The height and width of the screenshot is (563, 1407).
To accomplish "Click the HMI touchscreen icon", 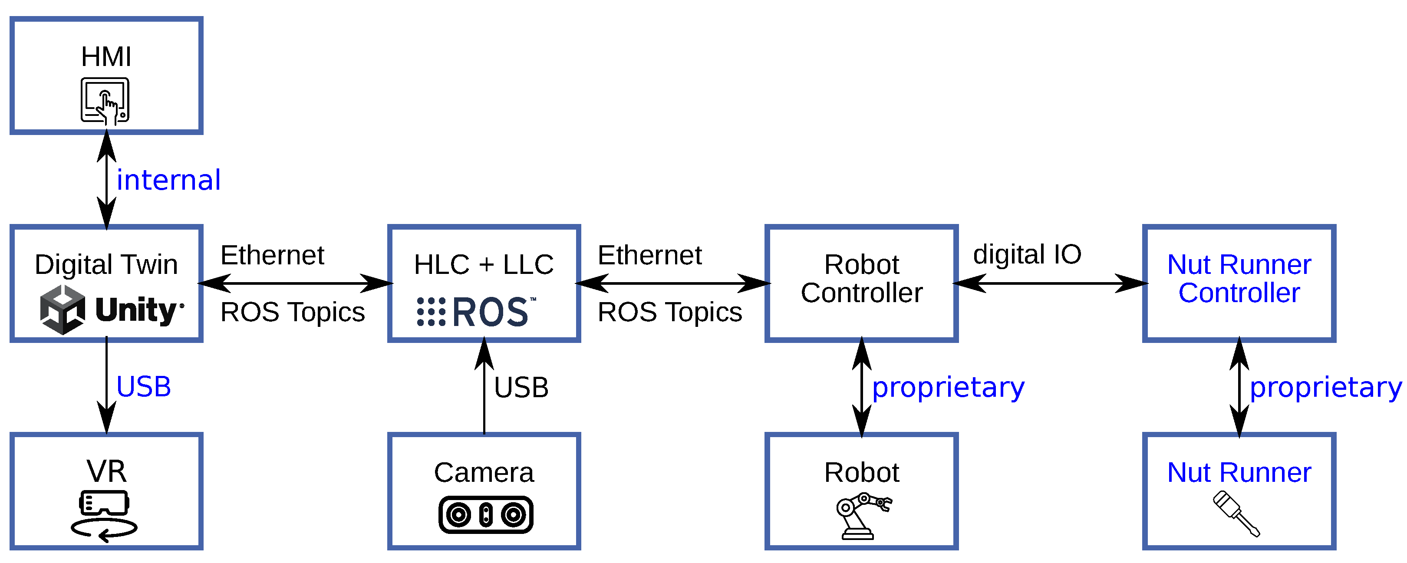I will [105, 100].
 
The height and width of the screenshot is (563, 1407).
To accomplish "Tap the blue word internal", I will [168, 180].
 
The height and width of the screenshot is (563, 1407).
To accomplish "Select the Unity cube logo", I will [62, 309].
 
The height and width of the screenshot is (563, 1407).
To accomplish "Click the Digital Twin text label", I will [106, 264].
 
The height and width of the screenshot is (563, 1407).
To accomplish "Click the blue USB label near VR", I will [143, 387].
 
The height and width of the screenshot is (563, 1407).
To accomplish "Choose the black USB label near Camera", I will [521, 388].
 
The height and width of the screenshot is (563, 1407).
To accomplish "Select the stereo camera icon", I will [485, 514].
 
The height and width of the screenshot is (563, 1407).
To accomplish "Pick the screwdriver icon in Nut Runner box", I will [1236, 514].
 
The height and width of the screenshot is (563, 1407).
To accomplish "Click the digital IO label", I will [1027, 254].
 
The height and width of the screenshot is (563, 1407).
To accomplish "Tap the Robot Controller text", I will [861, 279].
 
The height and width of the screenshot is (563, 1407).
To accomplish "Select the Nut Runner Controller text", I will [1239, 279].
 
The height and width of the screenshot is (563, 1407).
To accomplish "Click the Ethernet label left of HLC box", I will [272, 255].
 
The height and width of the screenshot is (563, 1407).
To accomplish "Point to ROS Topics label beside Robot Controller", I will [669, 313].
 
